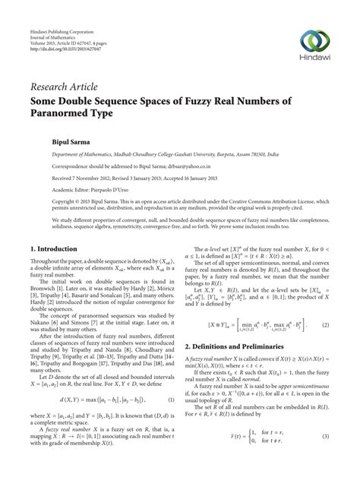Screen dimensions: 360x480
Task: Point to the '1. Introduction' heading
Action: (x=55, y=248)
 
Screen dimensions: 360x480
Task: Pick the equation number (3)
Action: (x=326, y=458)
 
